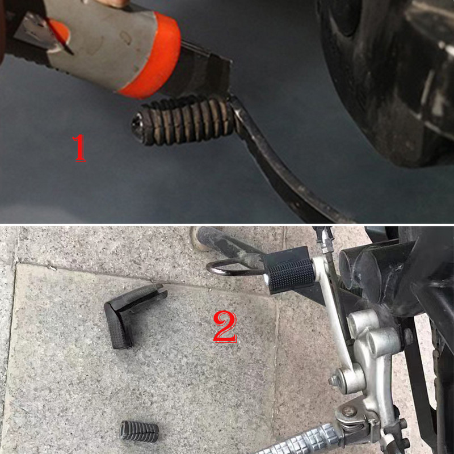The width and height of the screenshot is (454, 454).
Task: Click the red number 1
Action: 80,148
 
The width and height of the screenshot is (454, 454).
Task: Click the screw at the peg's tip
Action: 137,121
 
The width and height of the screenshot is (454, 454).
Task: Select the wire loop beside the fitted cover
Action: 227,267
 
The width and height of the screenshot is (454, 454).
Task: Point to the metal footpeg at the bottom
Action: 295,440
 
